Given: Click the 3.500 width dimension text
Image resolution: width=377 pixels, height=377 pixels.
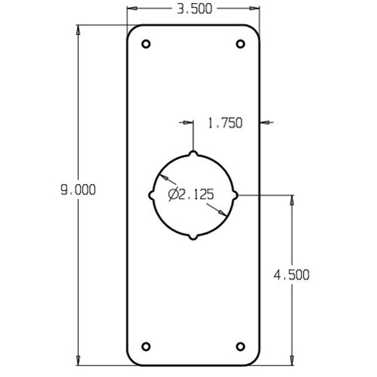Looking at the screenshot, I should [x=194, y=9].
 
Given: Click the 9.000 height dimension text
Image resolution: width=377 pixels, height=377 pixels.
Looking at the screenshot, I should [x=78, y=190].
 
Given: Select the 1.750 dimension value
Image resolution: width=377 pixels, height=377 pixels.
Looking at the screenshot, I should [x=225, y=123].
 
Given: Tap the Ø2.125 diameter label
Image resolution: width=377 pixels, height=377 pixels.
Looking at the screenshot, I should [x=191, y=195].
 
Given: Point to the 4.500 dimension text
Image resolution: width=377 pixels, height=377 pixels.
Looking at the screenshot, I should [x=292, y=275].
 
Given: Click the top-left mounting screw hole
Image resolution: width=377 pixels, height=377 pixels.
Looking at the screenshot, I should [x=146, y=44].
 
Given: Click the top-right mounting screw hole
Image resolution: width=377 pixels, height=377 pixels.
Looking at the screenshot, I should [x=241, y=44].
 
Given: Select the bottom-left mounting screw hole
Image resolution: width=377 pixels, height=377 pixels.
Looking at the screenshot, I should [x=146, y=346].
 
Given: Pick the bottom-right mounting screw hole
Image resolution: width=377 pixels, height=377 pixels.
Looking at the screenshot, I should [x=241, y=346].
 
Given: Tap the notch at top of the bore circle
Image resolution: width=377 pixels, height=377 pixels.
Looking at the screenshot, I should [x=193, y=154].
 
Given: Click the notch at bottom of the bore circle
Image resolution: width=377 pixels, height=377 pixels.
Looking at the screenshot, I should [x=193, y=237].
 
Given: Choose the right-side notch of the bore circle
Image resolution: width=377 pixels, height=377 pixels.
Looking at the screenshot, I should [x=235, y=195].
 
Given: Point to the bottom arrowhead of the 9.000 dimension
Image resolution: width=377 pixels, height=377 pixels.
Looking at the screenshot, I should [x=78, y=360].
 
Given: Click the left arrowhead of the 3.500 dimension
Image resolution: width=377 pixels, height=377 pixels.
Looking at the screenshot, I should [x=132, y=8].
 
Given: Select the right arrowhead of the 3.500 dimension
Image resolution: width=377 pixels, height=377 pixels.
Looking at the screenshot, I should [x=254, y=8].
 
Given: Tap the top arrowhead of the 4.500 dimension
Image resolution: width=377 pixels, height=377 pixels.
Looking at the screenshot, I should [x=292, y=200].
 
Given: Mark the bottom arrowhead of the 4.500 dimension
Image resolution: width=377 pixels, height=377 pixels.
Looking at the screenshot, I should [x=292, y=360].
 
